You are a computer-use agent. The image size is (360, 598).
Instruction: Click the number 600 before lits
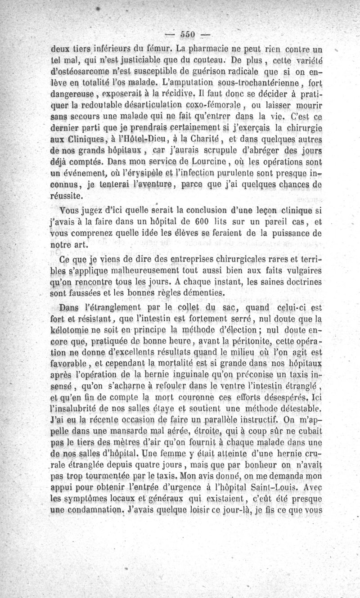click(x=189, y=222)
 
